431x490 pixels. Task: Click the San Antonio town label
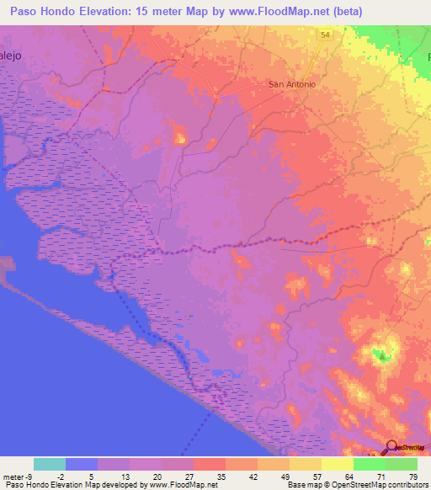pos(291,84)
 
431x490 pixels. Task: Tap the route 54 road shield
pos(325,35)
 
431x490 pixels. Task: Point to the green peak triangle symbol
pos(384,357)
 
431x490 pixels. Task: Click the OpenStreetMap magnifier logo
pos(392,446)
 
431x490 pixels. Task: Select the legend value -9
pos(29,477)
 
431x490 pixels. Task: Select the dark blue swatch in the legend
pos(81,464)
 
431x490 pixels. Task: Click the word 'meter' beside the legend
pos(13,477)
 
